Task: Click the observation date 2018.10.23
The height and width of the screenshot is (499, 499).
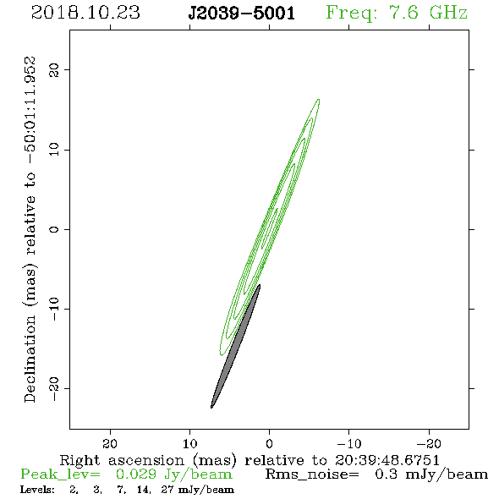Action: [85, 13]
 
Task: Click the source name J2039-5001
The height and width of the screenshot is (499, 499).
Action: [242, 14]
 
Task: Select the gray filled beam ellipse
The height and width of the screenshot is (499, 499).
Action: [236, 346]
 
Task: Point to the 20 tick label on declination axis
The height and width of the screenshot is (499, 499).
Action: [54, 69]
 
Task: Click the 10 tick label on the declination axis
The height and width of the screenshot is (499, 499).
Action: [54, 150]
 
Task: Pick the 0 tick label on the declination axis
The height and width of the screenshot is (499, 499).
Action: [54, 229]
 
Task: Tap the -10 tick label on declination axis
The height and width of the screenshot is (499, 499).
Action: [54, 309]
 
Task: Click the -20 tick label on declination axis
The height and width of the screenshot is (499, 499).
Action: [54, 388]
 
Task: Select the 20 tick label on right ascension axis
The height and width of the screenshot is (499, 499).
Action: [110, 443]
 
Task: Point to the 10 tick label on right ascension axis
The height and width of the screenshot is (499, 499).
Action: [190, 443]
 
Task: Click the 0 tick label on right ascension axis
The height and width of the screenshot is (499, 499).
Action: [269, 443]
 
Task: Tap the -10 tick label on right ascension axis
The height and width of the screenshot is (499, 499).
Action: [349, 443]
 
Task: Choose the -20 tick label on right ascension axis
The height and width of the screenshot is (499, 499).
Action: [429, 443]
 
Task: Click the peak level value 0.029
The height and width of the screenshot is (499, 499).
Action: [136, 474]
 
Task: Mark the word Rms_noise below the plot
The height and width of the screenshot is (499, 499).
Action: [312, 474]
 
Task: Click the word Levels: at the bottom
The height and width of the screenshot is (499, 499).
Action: [37, 490]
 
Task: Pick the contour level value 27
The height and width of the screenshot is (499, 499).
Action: [167, 490]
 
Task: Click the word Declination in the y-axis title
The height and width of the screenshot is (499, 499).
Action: [30, 359]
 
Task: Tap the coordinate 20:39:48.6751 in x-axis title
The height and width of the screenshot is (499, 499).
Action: [387, 460]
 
